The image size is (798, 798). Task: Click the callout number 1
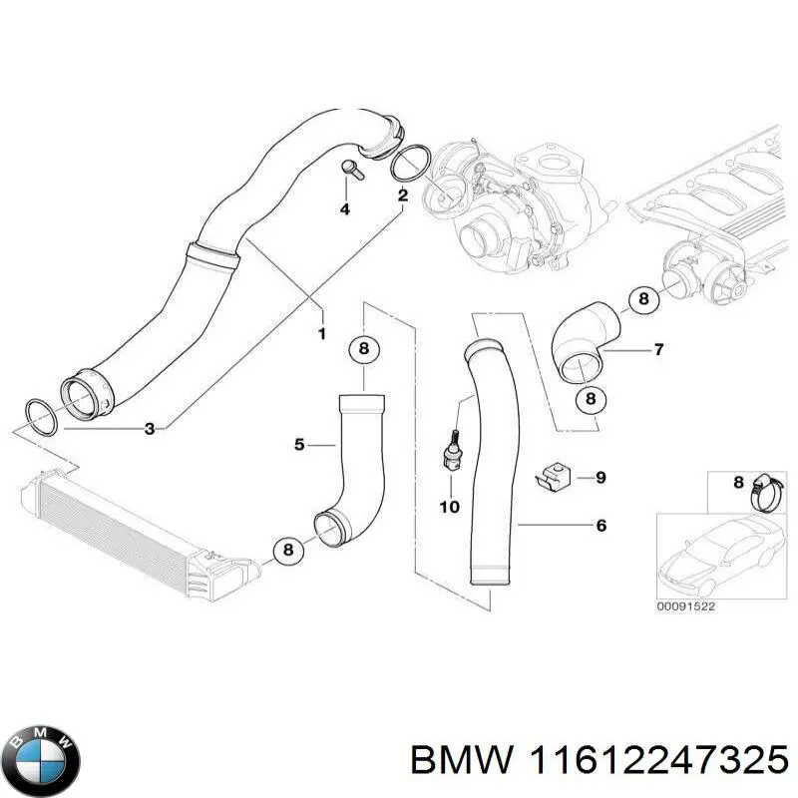pyautogui.click(x=321, y=333)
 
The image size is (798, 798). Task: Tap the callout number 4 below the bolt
pyautogui.click(x=345, y=209)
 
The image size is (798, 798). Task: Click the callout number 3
pyautogui.click(x=149, y=429)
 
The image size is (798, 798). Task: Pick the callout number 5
pyautogui.click(x=299, y=445)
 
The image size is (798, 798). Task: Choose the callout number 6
pyautogui.click(x=600, y=525)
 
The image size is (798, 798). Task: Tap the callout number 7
pyautogui.click(x=658, y=350)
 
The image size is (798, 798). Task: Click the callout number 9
pyautogui.click(x=600, y=478)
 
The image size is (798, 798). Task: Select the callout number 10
pyautogui.click(x=449, y=507)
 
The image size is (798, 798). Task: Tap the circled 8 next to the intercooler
pyautogui.click(x=288, y=549)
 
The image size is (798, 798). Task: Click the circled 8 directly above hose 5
pyautogui.click(x=364, y=349)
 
